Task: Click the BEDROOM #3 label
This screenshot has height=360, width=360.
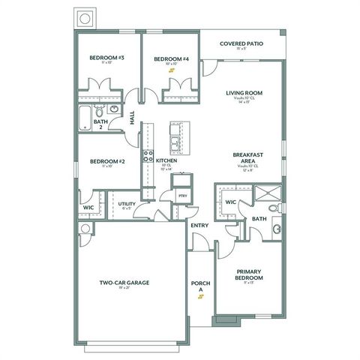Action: (x=106, y=58)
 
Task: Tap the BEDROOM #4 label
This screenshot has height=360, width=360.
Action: (x=170, y=58)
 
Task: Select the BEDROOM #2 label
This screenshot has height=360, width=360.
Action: (x=106, y=160)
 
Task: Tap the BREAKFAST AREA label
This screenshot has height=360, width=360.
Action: (x=247, y=152)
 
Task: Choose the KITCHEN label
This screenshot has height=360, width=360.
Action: (x=166, y=160)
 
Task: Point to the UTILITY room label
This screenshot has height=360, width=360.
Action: (x=126, y=202)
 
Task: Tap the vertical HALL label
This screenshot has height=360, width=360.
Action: (x=132, y=118)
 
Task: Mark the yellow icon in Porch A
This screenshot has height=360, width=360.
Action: (x=199, y=295)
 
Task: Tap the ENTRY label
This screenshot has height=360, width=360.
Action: (x=199, y=225)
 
